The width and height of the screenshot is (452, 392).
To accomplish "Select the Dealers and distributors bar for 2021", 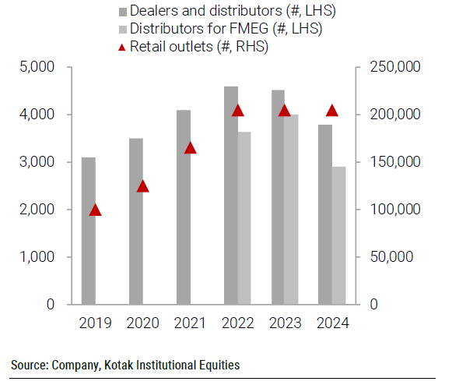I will coord(184,207).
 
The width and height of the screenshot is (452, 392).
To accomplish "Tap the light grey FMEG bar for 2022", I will coord(244,218).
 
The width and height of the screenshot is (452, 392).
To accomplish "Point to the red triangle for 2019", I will coord(96,210).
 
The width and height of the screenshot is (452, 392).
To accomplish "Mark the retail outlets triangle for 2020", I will coord(143,185).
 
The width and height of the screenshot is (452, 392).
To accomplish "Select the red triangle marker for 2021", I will coord(191,147).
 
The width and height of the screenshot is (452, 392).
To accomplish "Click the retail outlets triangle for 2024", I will coord(332,110).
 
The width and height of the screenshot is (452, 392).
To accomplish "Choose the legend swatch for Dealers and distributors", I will coord(122,12).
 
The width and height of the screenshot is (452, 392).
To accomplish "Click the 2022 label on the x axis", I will coord(237,323).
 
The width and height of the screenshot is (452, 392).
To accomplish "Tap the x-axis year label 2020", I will coord(143,323).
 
